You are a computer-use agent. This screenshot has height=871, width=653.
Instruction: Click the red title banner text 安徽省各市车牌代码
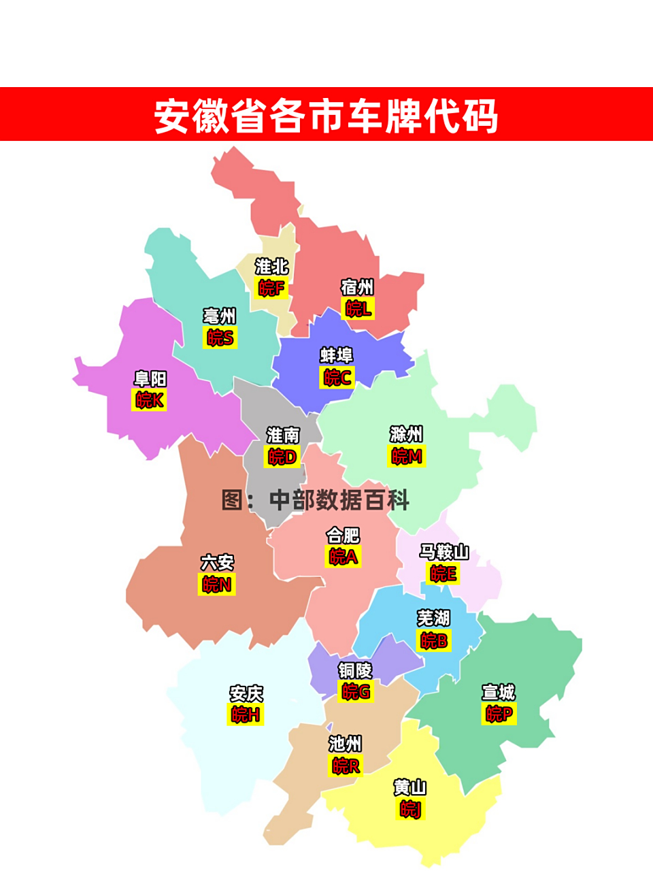(326, 116)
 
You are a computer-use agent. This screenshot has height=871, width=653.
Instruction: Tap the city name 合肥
(343, 536)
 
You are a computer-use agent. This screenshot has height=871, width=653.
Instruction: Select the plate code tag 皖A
(343, 557)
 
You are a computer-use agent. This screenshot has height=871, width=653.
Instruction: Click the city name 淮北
(271, 267)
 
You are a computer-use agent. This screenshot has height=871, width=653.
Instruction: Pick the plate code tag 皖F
(271, 288)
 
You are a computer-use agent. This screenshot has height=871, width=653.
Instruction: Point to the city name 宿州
(357, 288)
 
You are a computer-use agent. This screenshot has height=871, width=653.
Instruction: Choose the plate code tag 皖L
(358, 309)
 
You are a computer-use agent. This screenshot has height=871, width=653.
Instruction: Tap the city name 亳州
(220, 316)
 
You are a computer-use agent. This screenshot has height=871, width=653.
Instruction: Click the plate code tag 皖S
(220, 338)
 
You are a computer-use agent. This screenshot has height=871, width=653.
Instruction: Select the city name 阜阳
(150, 379)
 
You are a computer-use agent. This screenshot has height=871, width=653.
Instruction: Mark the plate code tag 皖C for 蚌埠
(337, 377)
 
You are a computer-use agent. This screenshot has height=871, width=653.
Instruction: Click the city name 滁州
(406, 434)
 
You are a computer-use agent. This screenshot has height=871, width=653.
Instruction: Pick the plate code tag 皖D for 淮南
(282, 456)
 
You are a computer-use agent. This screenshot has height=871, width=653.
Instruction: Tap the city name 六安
(217, 563)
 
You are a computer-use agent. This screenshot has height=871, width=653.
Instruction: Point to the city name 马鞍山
(443, 552)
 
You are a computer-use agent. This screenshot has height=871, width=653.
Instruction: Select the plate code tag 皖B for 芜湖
(434, 640)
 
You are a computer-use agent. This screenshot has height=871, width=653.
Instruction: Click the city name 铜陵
(355, 671)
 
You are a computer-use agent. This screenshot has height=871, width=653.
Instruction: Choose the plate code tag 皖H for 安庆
(245, 714)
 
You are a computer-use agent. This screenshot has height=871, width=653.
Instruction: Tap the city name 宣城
(499, 693)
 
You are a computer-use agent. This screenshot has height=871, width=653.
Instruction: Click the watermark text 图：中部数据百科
(316, 500)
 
